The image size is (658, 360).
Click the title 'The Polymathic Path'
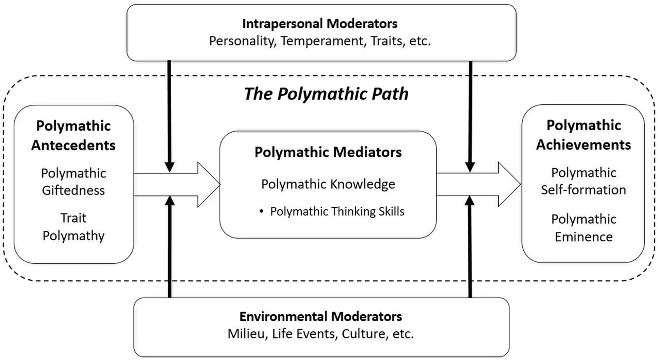[326, 94]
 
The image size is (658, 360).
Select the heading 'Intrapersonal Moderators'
[320, 24]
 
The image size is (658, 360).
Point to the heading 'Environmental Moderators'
[321, 316]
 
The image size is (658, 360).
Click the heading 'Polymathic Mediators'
[328, 152]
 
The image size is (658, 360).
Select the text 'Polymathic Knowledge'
[328, 184]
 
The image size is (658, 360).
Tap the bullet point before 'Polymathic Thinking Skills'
[262, 211]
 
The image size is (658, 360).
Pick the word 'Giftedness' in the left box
[74, 190]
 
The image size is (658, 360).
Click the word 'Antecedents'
[74, 145]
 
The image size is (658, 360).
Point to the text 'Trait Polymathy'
[74, 227]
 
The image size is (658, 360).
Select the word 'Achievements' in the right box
[583, 145]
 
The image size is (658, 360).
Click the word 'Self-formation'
[583, 190]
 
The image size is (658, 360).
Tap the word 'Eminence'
[583, 237]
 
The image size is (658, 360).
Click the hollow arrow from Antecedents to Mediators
[177, 185]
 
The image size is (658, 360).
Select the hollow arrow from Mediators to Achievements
[479, 184]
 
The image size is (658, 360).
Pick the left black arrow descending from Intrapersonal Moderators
[169, 116]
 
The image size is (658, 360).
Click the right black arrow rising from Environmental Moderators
[470, 247]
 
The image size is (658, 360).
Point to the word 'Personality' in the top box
[243, 41]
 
